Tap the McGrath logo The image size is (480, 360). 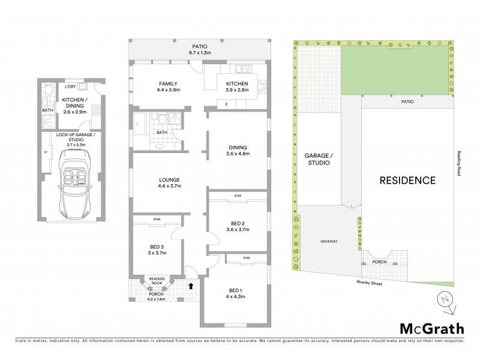pos(431,328)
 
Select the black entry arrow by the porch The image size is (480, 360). pos(191,286)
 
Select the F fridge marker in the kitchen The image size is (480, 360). pos(226,104)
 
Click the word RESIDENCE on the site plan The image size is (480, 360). pos(407,180)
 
